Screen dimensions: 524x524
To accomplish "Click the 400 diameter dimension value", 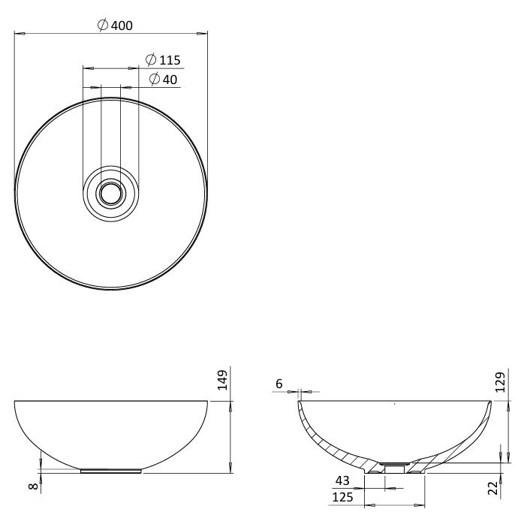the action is click(122, 26).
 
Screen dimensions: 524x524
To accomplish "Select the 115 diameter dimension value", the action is click(170, 61).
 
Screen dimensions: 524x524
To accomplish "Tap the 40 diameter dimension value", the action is click(170, 80).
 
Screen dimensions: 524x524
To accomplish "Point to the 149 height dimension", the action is click(222, 380).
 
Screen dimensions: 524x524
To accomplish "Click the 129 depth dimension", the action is click(500, 382).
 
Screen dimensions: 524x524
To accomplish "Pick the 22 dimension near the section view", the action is click(493, 488).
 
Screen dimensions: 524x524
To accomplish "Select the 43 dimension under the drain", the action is click(342, 480).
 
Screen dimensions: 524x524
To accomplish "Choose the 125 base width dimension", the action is click(342, 497).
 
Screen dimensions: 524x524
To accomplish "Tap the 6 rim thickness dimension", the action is click(279, 384).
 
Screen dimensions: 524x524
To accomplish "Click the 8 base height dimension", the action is click(34, 486).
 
